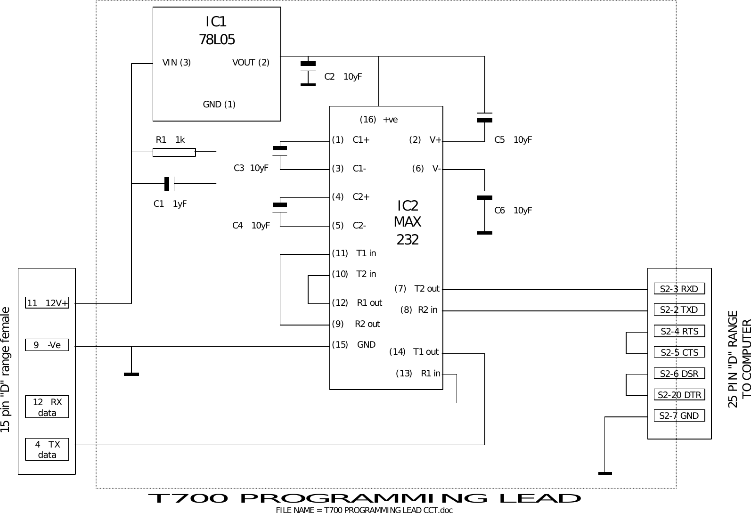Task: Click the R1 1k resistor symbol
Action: point(174,152)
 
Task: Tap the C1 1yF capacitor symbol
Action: point(170,184)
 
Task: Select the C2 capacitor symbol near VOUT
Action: point(308,74)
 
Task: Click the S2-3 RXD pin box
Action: point(679,289)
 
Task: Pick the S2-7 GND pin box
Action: point(679,415)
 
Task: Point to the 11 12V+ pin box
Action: point(47,303)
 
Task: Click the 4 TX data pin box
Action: point(47,449)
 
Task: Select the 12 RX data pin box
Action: point(47,407)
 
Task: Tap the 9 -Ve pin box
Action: point(47,345)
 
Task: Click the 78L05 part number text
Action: point(217,40)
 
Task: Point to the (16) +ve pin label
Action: point(378,120)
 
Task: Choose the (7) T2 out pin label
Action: point(416,288)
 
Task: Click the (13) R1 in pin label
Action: point(418,374)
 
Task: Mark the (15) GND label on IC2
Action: point(354,345)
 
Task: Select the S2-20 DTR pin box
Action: point(679,395)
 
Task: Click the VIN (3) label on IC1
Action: point(177,63)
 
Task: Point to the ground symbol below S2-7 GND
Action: point(605,472)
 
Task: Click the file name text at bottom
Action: point(364,510)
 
